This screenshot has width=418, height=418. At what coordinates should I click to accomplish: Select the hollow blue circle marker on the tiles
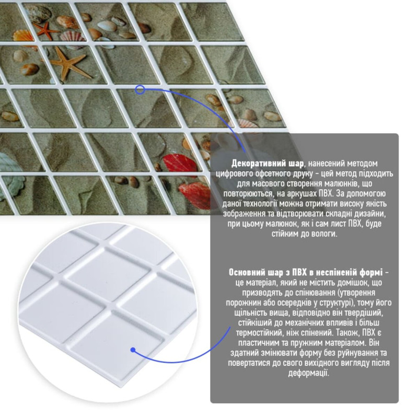tap(140, 89)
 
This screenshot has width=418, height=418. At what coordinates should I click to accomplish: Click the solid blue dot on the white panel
tap(133, 350)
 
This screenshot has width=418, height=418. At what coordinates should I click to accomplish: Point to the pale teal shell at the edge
tap(9, 174)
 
